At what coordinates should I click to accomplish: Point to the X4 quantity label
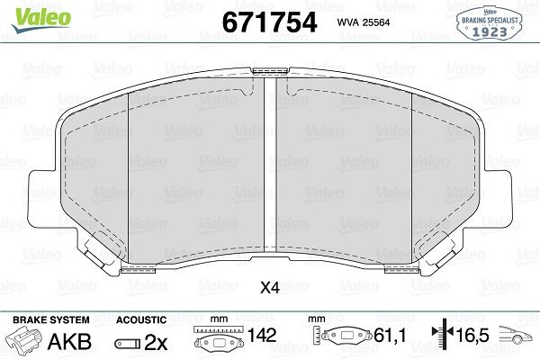tap(270, 289)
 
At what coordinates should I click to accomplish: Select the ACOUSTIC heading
tap(141, 320)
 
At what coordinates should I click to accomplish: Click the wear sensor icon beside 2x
tap(128, 343)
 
